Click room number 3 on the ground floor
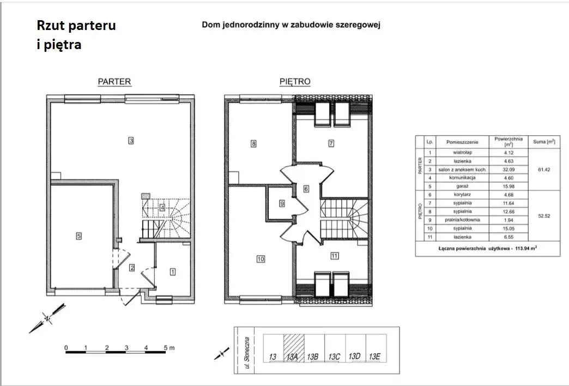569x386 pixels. pyautogui.click(x=131, y=140)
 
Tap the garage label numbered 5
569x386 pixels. pyautogui.click(x=78, y=236)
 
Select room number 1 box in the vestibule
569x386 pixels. pyautogui.click(x=173, y=272)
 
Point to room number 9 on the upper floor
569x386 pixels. pyautogui.click(x=282, y=204)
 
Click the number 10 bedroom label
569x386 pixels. pyautogui.click(x=261, y=259)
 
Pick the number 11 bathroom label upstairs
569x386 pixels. pyautogui.click(x=334, y=256)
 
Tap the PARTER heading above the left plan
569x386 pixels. pyautogui.click(x=114, y=82)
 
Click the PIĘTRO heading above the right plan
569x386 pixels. pyautogui.click(x=295, y=82)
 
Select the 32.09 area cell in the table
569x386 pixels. pyautogui.click(x=509, y=170)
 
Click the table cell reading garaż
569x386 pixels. pyautogui.click(x=462, y=186)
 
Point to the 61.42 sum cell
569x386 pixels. pyautogui.click(x=544, y=170)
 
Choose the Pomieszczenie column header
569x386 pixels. pyautogui.click(x=462, y=142)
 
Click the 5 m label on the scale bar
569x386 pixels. pyautogui.click(x=169, y=347)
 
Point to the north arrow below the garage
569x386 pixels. pyautogui.click(x=47, y=318)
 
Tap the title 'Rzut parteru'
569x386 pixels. pyautogui.click(x=76, y=26)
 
